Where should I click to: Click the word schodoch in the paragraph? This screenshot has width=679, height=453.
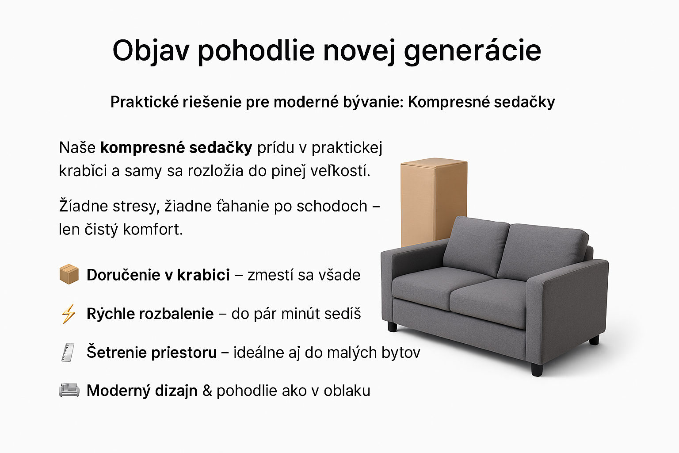[x=332, y=206]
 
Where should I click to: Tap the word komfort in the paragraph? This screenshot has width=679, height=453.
[x=153, y=230]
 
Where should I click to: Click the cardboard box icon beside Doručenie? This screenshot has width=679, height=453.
[x=69, y=274]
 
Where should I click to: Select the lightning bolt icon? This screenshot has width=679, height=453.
[x=69, y=314]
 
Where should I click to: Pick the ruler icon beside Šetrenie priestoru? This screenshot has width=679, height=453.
[x=68, y=353]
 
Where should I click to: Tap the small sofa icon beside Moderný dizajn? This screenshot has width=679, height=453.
[x=69, y=390]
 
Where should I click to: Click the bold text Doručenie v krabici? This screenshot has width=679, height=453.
[x=158, y=275]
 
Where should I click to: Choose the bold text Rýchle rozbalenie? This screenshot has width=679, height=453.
[x=150, y=314]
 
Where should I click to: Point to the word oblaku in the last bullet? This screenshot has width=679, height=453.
[x=347, y=391]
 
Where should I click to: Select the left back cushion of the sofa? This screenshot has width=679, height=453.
[x=476, y=246]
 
